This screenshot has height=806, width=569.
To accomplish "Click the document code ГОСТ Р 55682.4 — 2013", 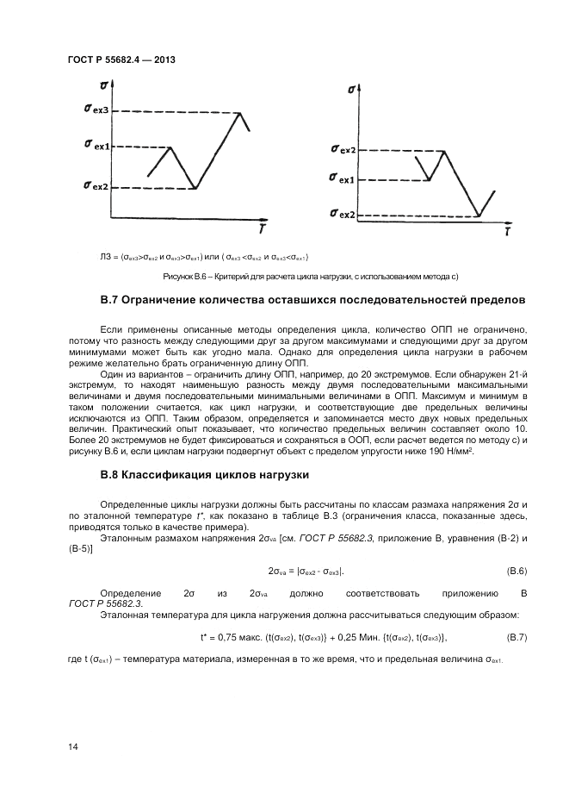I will tap(121, 60).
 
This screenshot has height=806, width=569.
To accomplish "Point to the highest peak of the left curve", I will tap(238, 112).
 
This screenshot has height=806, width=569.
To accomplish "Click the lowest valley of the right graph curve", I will tap(479, 216).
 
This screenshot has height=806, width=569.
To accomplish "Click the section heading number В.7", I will tap(108, 300).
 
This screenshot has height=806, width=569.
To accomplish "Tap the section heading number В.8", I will tap(108, 475).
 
